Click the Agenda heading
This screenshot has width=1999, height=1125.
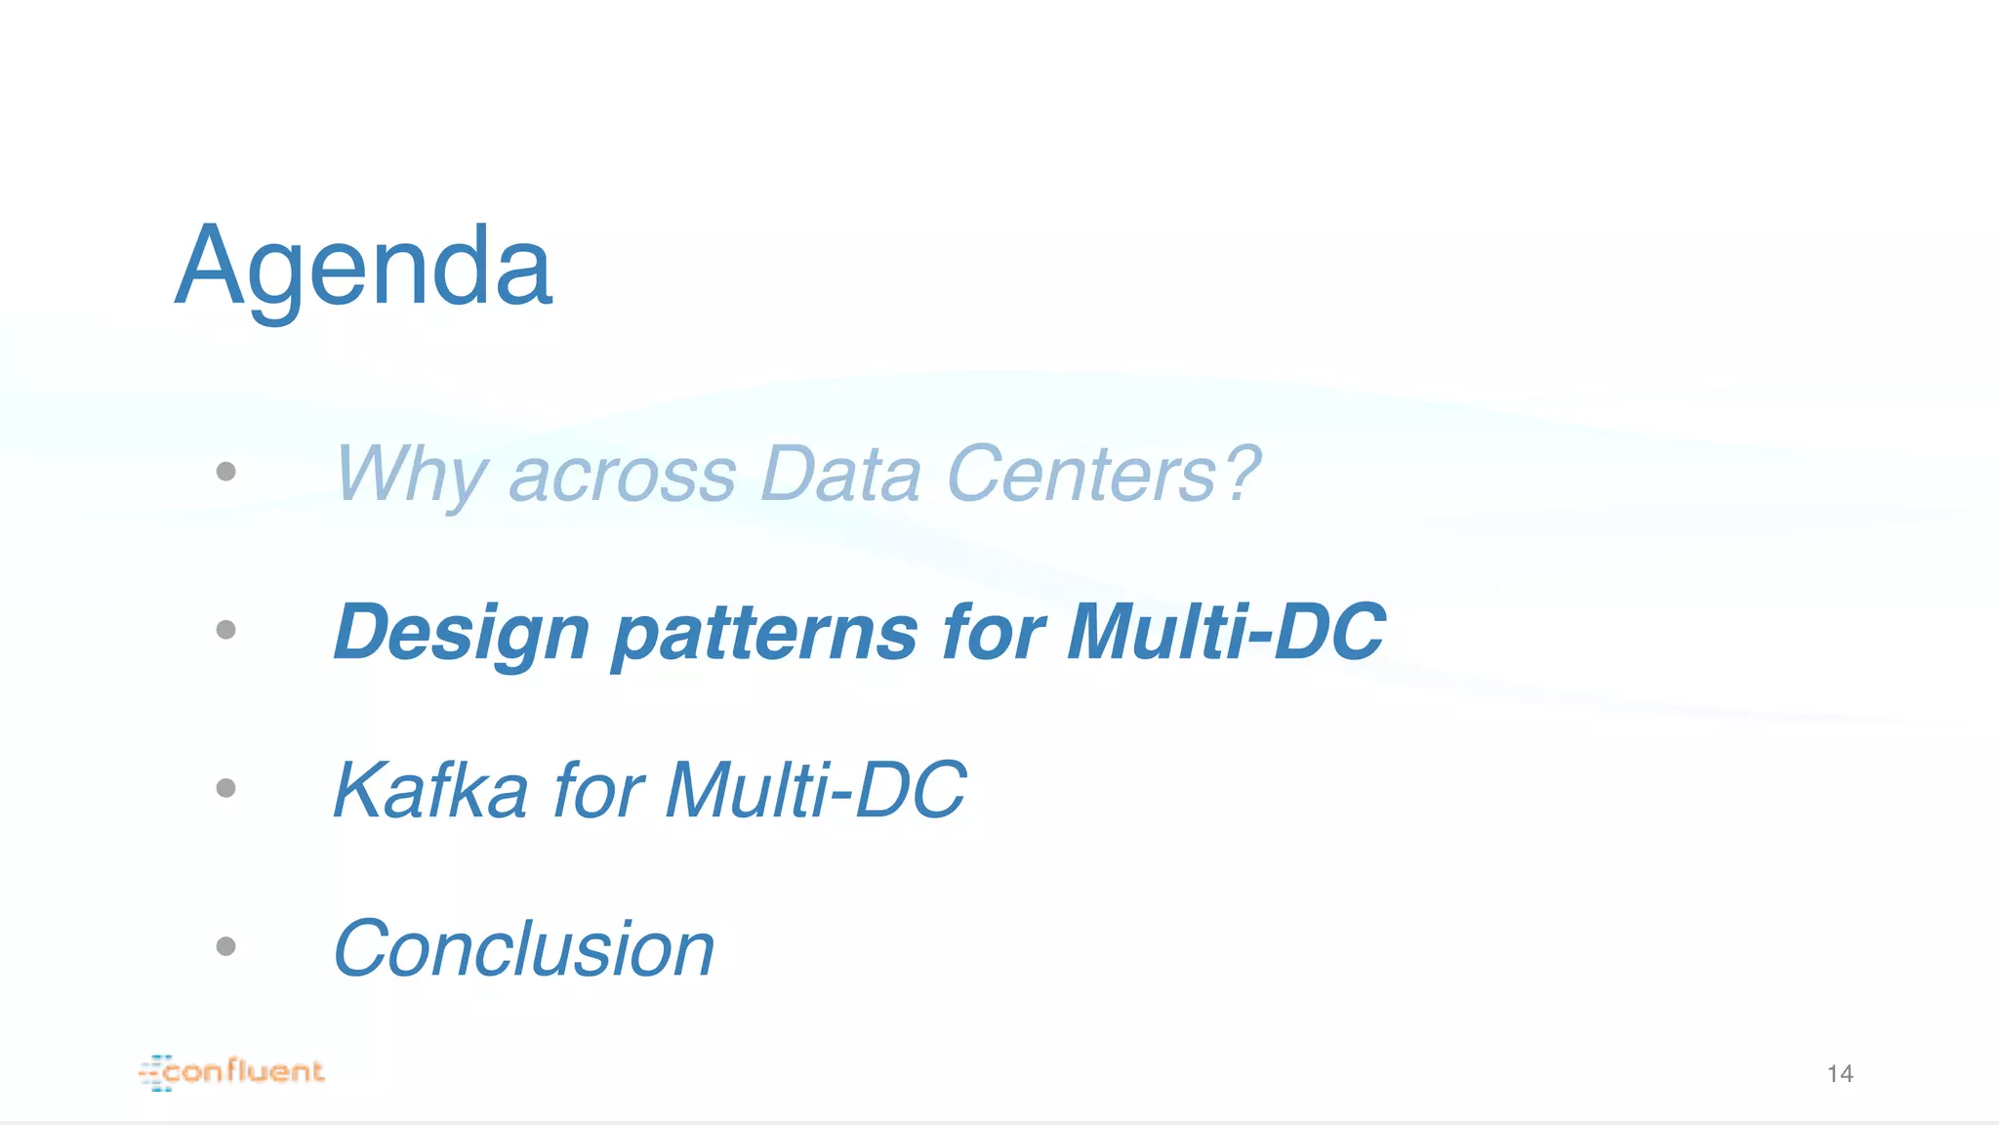pos(363,266)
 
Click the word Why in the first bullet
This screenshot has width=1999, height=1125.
pos(410,475)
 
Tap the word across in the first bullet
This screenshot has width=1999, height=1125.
pos(622,475)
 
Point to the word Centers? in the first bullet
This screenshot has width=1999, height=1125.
pos(1103,475)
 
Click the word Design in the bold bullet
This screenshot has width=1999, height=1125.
pos(462,633)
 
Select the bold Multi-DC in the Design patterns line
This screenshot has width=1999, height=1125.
pos(1226,633)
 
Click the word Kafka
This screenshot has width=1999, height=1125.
pos(430,790)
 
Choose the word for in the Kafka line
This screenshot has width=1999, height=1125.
pos(598,790)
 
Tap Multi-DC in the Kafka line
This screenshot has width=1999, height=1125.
pos(816,790)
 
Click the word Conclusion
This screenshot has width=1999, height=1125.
pos(524,948)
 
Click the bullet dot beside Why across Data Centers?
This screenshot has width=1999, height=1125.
pos(225,472)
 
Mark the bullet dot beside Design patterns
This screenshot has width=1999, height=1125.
pos(225,630)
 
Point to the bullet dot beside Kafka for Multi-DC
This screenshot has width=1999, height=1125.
pos(225,788)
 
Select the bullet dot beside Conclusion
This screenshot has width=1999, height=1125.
pos(225,946)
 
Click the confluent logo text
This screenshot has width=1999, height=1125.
pos(244,1072)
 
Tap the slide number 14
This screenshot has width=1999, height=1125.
pos(1840,1074)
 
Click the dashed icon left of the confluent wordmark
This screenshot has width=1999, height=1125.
pos(155,1073)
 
